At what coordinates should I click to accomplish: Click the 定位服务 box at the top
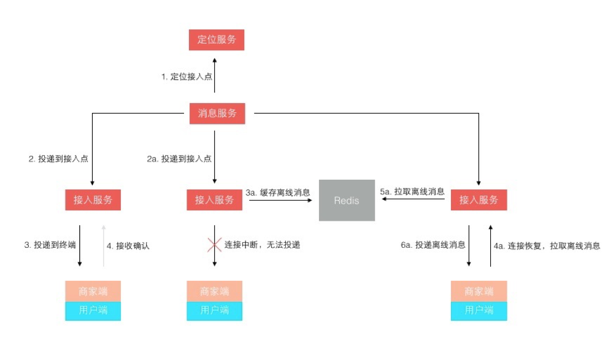coord(217,40)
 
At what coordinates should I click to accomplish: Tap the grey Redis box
coord(347,200)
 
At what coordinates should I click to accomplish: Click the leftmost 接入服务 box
coord(93,199)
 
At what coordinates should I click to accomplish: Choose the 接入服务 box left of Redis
coord(214,199)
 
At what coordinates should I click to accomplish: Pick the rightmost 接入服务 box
coord(479,199)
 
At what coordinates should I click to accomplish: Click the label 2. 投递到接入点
coord(58,158)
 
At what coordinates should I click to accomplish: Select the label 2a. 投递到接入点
coord(179,158)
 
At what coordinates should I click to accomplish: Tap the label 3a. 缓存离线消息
coord(278,192)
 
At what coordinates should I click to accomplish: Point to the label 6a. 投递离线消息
coord(433,245)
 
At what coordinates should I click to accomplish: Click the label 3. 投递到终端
coord(50,245)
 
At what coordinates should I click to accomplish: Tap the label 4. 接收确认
coord(128,245)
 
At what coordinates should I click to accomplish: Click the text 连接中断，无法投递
coord(262,245)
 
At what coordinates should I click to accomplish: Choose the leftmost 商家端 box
coord(93,291)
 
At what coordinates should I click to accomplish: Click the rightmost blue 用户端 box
coord(479,310)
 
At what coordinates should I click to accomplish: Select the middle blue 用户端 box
coord(214,310)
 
